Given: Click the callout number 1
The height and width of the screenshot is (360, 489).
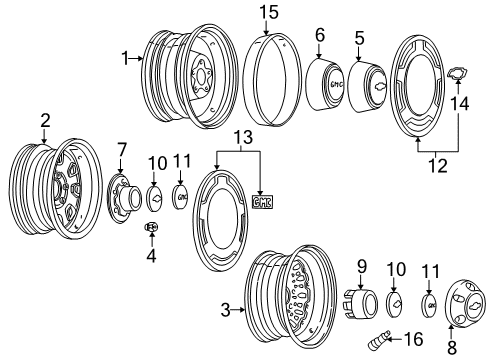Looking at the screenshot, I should click(125, 59).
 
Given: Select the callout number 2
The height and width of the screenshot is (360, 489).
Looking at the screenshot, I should click(44, 122).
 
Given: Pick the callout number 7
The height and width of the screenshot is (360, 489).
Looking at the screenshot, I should click(122, 150).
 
